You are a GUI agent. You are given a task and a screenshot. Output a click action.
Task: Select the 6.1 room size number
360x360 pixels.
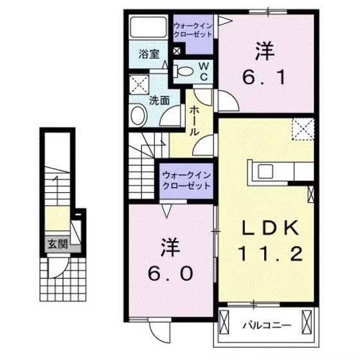point(264,78)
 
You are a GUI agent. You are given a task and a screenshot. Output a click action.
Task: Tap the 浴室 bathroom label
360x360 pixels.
point(149,55)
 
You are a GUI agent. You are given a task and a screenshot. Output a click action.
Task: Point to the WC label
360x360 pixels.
point(203,71)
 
